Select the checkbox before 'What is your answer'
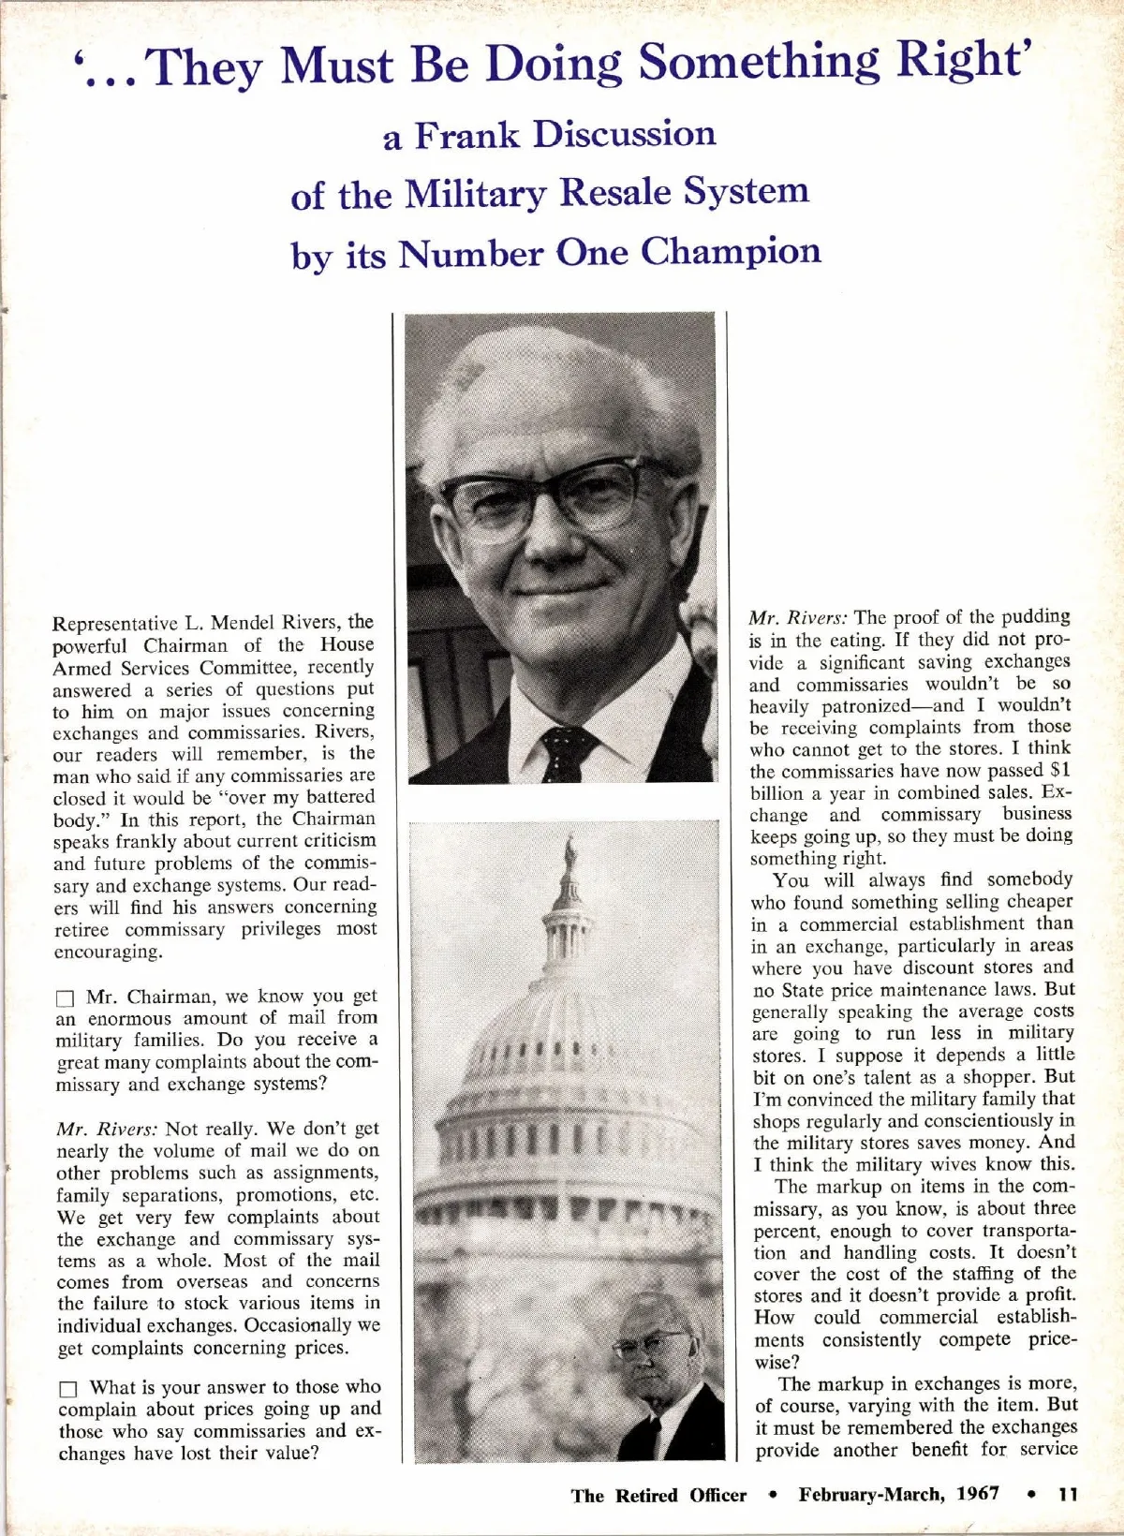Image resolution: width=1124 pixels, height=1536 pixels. click(x=67, y=1389)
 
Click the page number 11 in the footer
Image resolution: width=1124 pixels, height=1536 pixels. click(x=1067, y=1495)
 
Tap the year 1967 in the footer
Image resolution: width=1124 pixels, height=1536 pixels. click(x=978, y=1494)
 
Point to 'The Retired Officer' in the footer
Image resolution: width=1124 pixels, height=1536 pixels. click(x=658, y=1495)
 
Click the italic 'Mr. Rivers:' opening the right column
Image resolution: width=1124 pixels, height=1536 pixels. click(x=798, y=618)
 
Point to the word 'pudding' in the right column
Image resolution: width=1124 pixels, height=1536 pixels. click(x=1034, y=617)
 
